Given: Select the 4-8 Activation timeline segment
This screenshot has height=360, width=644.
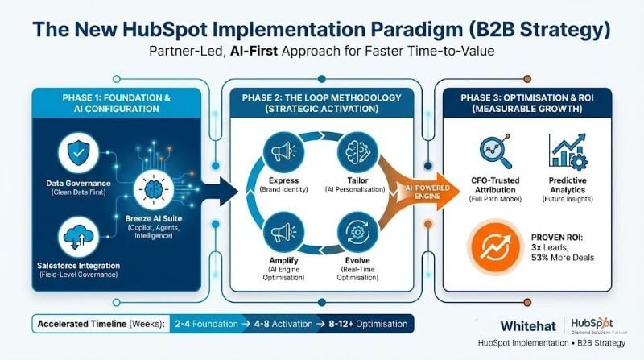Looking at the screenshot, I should tap(286, 325).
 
